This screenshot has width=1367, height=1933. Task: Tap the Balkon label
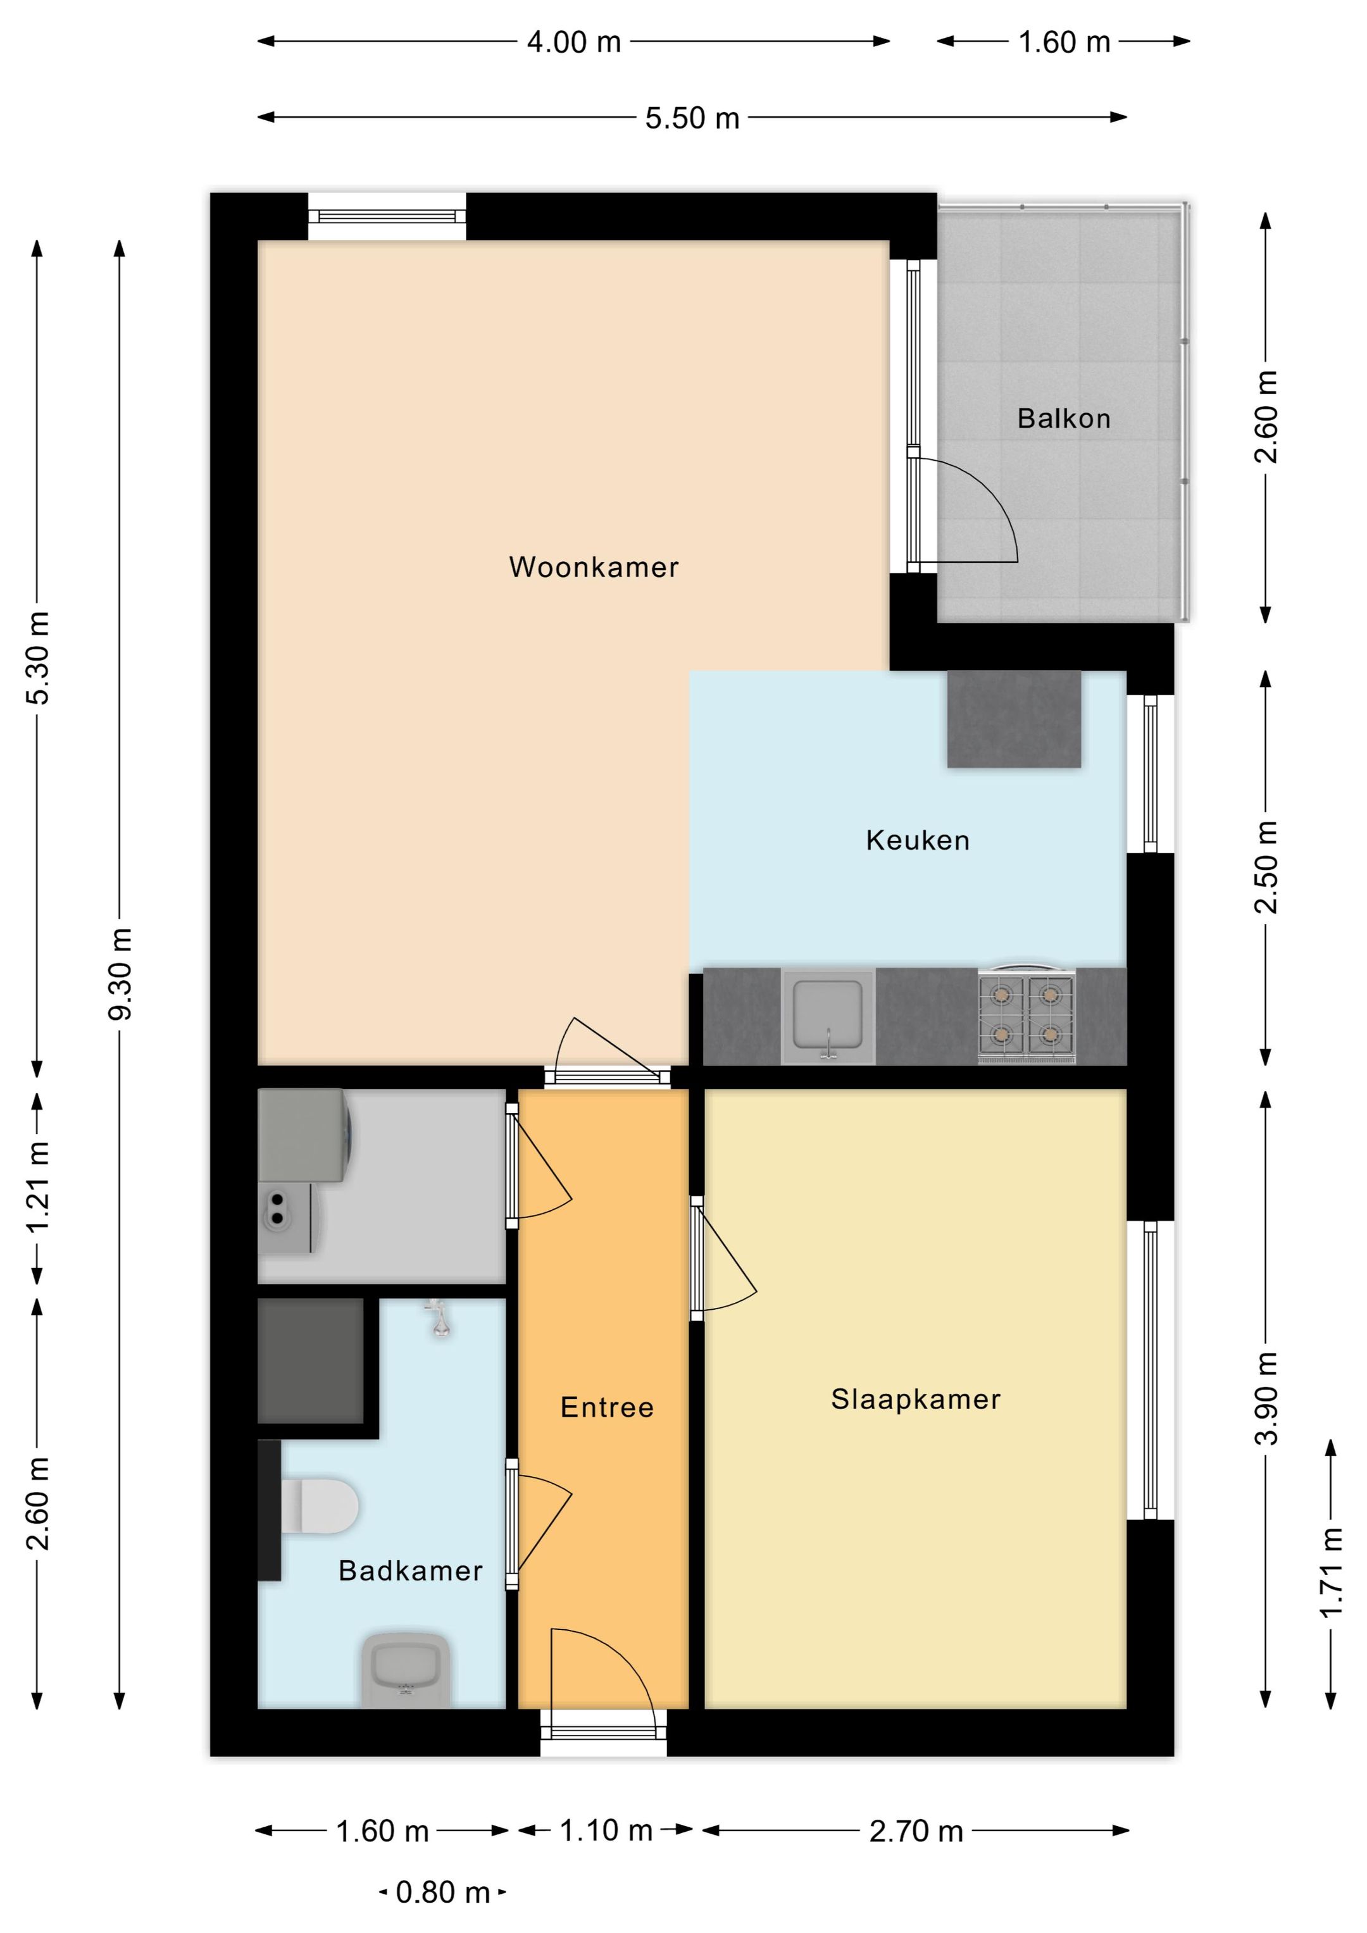pos(1064,418)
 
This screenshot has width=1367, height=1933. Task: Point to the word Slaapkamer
pos(916,1399)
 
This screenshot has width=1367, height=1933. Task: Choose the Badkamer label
pos(410,1570)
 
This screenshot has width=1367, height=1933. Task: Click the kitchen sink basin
pos(828,1016)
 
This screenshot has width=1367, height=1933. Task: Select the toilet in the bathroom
pos(319,1505)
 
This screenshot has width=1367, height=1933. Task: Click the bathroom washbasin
pos(404,1670)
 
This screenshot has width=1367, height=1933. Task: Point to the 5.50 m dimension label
pos(692,118)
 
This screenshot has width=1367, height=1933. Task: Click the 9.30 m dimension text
pos(122,974)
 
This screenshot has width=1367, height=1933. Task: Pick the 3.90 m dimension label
pos(1266,1398)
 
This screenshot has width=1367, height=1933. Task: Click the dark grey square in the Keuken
pos(1014,719)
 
